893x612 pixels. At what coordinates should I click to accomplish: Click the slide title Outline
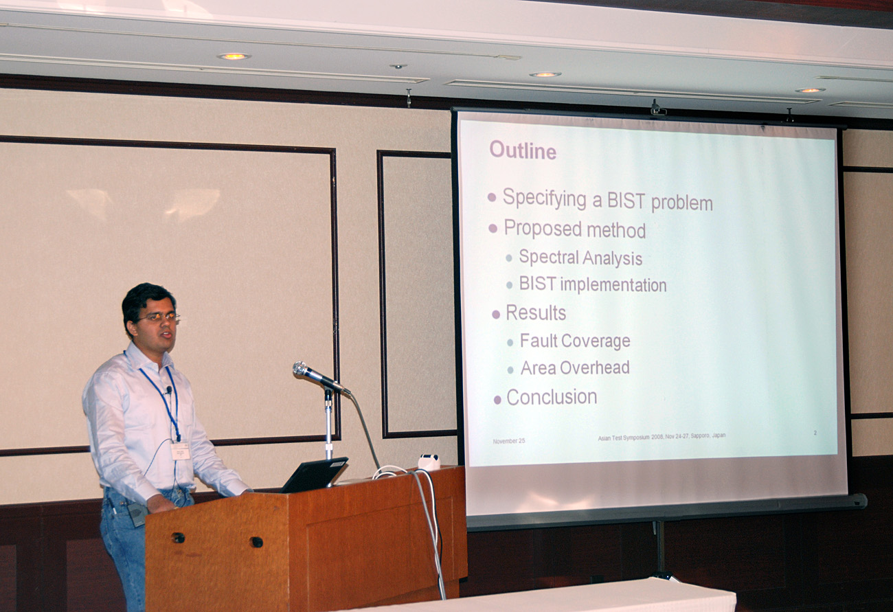(x=523, y=150)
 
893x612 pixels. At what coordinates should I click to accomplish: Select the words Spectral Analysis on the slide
(x=580, y=258)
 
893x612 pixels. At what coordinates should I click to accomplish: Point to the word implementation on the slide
(x=613, y=284)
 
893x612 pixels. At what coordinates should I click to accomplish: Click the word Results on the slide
(x=536, y=313)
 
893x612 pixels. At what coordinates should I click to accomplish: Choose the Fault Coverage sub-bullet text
(x=575, y=341)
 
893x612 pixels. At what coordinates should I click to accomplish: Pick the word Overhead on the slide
(x=594, y=367)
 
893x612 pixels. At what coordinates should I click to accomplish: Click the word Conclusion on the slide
(x=552, y=397)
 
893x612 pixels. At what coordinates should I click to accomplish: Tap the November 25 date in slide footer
(x=509, y=441)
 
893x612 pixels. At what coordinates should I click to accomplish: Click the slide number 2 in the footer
(x=815, y=433)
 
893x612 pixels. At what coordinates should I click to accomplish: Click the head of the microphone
(x=302, y=369)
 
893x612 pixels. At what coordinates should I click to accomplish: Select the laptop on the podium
(x=315, y=475)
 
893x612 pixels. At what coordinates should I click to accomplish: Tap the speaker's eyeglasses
(x=159, y=317)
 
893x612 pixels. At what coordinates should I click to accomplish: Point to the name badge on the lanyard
(x=180, y=451)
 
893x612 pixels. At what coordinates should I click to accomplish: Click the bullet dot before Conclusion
(x=497, y=400)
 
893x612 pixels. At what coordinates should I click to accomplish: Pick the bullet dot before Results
(x=496, y=315)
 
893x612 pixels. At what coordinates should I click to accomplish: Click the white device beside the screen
(x=429, y=462)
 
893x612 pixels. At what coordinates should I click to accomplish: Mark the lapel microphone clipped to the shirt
(x=169, y=390)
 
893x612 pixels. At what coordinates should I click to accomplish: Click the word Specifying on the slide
(x=544, y=198)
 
